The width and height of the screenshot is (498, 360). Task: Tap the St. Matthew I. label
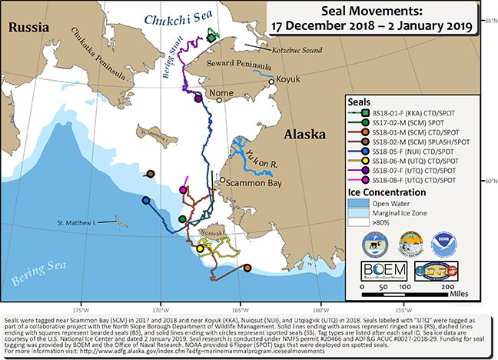pos(78,224)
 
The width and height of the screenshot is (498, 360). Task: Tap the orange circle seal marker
pos(247,268)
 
